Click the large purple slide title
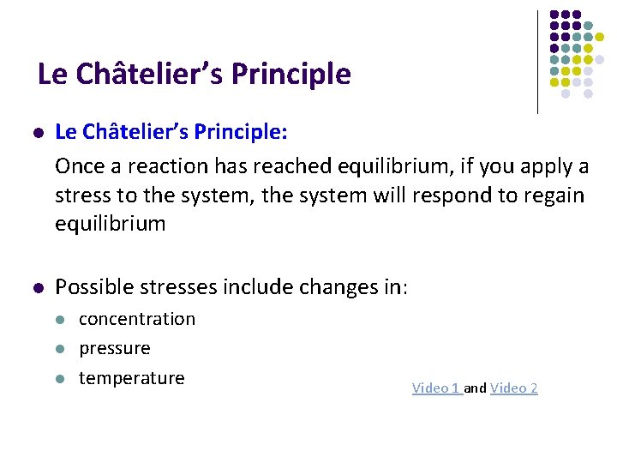[x=195, y=75]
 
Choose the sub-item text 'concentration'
[x=137, y=319]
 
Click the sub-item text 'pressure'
[x=115, y=348]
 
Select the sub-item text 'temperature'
[x=132, y=378]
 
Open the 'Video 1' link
[x=436, y=388]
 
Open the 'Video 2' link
[x=514, y=388]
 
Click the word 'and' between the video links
[x=476, y=388]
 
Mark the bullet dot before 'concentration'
[x=60, y=320]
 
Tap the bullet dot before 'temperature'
[x=60, y=379]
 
